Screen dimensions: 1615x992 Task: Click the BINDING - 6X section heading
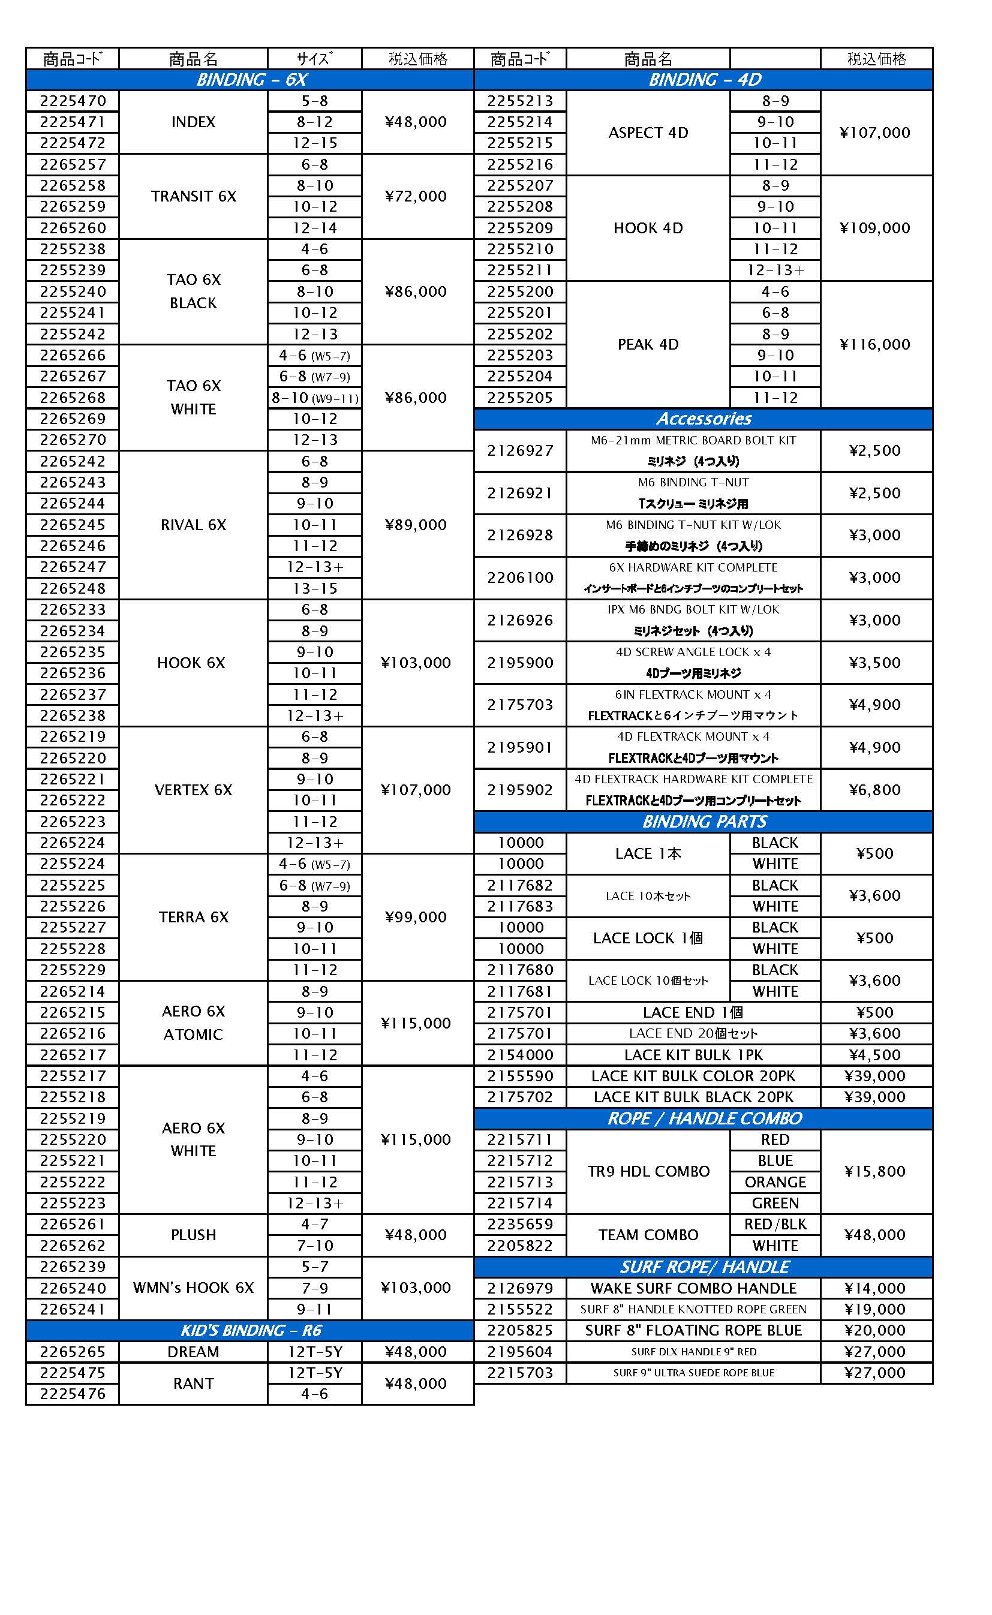click(251, 79)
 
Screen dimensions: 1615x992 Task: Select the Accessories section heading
click(704, 419)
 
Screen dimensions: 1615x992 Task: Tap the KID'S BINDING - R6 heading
click(251, 1330)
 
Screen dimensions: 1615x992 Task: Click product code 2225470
click(72, 101)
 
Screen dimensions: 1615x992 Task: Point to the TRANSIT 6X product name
click(194, 196)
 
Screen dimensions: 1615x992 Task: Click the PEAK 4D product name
click(648, 344)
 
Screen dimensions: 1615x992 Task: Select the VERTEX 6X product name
click(194, 790)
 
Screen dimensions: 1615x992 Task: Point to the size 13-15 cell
click(315, 588)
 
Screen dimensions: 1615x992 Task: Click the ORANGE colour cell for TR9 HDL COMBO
click(775, 1182)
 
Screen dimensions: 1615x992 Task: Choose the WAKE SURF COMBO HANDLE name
click(693, 1288)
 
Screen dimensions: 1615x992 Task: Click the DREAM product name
click(194, 1352)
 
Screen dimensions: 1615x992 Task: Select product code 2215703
click(519, 1373)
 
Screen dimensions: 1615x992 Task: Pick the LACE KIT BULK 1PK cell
click(693, 1055)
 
